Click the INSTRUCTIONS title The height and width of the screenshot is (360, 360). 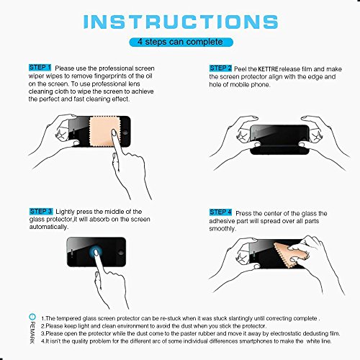click(x=181, y=22)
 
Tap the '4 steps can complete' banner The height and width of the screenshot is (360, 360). click(x=181, y=42)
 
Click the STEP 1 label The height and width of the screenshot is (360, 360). click(x=40, y=68)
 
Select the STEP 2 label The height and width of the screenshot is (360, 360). click(x=220, y=68)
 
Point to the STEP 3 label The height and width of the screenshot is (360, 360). click(x=41, y=211)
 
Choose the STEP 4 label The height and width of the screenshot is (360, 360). click(x=220, y=212)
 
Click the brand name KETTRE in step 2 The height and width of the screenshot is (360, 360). click(x=268, y=69)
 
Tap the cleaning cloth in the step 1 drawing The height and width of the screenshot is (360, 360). click(x=104, y=132)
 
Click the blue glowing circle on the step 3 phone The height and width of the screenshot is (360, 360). click(x=96, y=253)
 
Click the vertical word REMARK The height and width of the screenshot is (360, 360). click(x=32, y=333)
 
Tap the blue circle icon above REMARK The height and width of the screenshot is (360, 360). click(x=32, y=317)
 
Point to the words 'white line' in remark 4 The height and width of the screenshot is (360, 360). click(x=319, y=341)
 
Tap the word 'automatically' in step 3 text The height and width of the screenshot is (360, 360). click(x=49, y=227)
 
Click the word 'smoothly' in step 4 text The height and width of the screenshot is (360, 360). click(x=222, y=229)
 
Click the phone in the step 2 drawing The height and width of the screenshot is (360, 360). click(x=279, y=140)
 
